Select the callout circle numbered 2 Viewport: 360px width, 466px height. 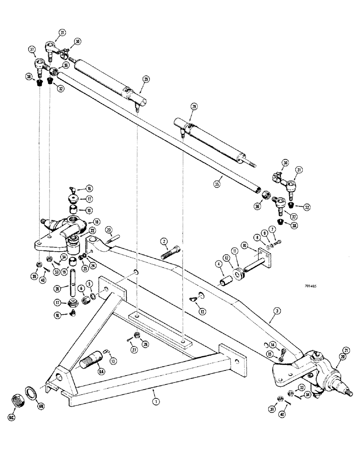click(x=164, y=241)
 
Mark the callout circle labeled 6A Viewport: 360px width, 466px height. click(x=101, y=371)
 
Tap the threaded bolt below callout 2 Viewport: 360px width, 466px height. click(x=170, y=256)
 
